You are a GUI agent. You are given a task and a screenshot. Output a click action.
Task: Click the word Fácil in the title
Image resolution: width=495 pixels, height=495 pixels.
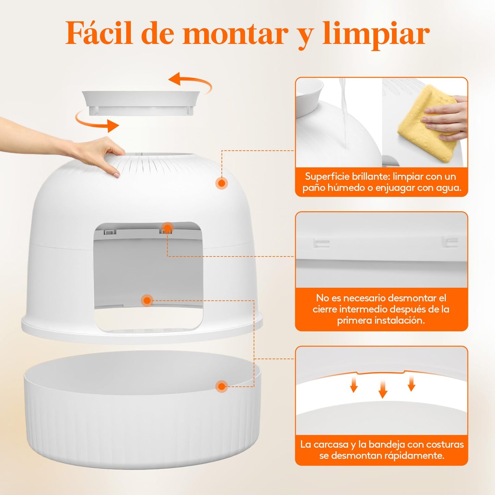pos(99,33)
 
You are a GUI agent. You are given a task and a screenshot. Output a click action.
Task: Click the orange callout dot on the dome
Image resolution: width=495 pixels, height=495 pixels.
pos(222,183)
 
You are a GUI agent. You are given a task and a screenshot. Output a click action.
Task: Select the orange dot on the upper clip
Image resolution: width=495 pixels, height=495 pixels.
pos(167,227)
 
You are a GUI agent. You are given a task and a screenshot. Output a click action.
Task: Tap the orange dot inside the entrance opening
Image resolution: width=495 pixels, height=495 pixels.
pos(147,300)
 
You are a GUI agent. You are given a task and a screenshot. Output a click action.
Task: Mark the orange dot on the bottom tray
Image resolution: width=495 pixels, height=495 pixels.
pos(221,386)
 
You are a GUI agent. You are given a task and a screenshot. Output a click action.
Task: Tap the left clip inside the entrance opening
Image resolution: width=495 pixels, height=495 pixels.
pos(110,232)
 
